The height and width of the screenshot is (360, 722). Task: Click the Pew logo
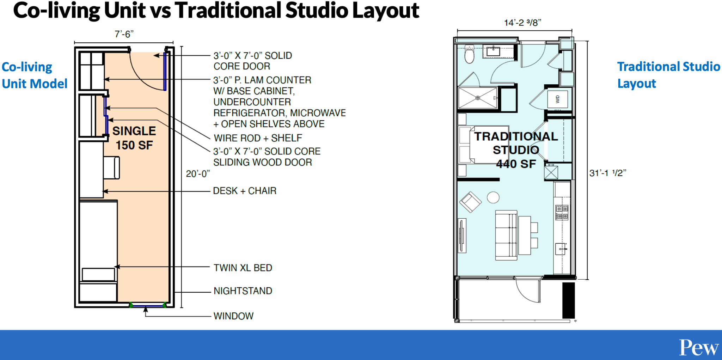click(x=699, y=348)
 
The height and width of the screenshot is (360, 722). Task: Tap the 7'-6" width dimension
click(x=124, y=34)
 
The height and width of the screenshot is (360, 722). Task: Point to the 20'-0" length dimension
click(x=198, y=173)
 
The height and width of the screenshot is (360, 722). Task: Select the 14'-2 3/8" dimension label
click(x=522, y=23)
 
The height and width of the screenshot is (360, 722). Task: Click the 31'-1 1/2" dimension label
click(x=608, y=173)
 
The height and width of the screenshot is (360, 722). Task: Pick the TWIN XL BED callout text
click(x=243, y=268)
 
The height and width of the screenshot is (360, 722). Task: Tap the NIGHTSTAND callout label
click(x=243, y=291)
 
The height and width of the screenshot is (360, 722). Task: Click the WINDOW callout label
click(x=233, y=316)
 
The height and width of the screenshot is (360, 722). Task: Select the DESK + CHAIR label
click(x=245, y=191)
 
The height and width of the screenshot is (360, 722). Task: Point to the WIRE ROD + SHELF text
click(x=258, y=138)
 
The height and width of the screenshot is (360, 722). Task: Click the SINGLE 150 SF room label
click(x=134, y=138)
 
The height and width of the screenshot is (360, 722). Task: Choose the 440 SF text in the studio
click(x=516, y=164)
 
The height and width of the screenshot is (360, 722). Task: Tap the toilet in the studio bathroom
click(x=469, y=54)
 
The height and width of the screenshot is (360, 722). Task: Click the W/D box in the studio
click(x=557, y=99)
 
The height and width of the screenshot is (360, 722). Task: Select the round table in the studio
click(x=493, y=197)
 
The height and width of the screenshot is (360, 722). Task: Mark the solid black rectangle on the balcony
click(x=568, y=300)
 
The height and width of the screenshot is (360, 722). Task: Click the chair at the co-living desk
click(x=112, y=168)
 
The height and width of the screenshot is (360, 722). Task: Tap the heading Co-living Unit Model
click(x=34, y=75)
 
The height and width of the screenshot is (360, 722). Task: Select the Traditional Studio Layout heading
click(x=668, y=75)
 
